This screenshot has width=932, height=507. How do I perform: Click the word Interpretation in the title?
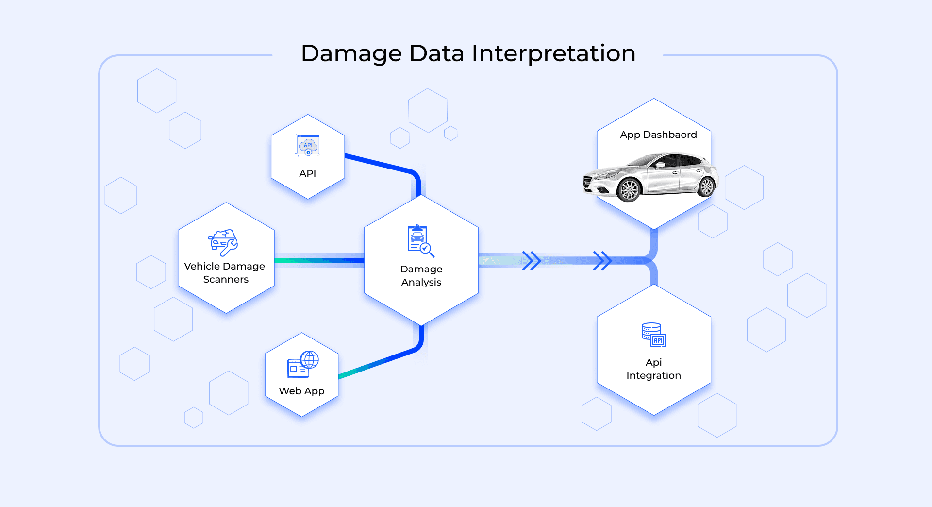[x=553, y=53]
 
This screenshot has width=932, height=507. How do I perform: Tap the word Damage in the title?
[x=351, y=53]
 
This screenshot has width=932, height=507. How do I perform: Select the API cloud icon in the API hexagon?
[x=308, y=145]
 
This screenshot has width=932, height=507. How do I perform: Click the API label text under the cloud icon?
[x=308, y=173]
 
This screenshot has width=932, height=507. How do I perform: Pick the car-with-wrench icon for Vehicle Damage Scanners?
[x=223, y=242]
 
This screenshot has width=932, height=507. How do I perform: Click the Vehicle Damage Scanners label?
[x=225, y=272]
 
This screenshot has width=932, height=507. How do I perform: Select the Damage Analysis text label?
[x=421, y=275]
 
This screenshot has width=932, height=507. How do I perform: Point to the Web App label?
[x=301, y=391]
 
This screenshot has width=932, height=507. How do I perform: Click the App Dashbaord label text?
[x=658, y=135]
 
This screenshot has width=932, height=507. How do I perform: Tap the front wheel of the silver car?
[x=630, y=190]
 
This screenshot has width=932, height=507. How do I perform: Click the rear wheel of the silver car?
[x=706, y=186]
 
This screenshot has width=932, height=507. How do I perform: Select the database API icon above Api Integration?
[x=653, y=335]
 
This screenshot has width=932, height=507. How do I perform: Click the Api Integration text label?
[x=653, y=369]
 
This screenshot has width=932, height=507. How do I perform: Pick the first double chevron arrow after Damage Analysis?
[x=532, y=261]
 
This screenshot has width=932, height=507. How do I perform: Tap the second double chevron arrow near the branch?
[x=602, y=261]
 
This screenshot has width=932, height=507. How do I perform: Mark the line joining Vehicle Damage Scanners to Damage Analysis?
[x=319, y=260]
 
